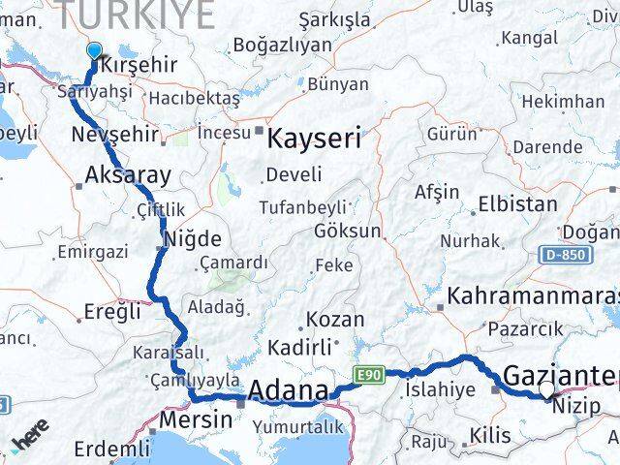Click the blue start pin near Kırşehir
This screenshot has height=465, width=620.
pyautogui.click(x=94, y=52)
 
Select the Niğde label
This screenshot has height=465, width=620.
pyautogui.click(x=193, y=238)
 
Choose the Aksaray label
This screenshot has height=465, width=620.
pyautogui.click(x=128, y=175)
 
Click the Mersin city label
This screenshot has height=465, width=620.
pyautogui.click(x=195, y=420)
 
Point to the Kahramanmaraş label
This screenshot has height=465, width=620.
pyautogui.click(x=534, y=295)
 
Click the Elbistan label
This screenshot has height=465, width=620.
pyautogui.click(x=517, y=204)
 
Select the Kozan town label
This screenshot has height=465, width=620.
pyautogui.click(x=335, y=319)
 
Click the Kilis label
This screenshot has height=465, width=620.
pyautogui.click(x=488, y=436)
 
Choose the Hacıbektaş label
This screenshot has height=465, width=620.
pyautogui.click(x=194, y=100)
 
